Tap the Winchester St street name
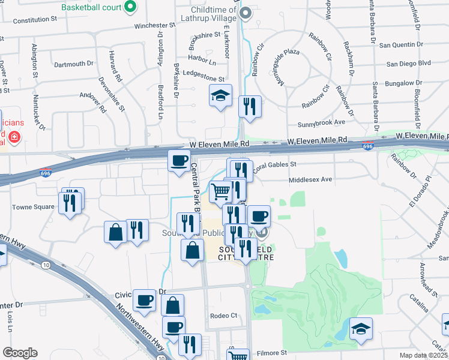click(158, 26)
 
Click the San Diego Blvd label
click(409, 63)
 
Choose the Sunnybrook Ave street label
click(322, 122)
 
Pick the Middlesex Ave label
click(310, 179)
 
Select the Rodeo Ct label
click(224, 316)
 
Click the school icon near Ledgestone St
click(220, 95)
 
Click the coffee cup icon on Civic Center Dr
click(144, 299)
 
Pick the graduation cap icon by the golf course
click(361, 328)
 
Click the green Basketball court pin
click(130, 8)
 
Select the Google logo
click(20, 353)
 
